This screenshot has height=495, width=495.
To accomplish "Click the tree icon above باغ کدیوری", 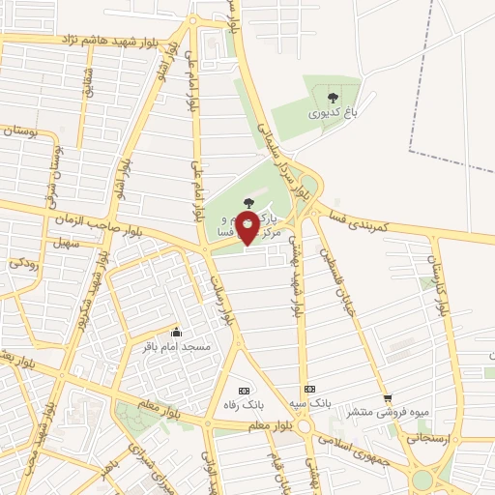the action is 333,97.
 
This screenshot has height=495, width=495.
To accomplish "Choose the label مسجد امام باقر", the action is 177,346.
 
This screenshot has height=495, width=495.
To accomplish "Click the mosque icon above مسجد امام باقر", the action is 176,332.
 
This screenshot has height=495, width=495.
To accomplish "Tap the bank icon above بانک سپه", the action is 310,386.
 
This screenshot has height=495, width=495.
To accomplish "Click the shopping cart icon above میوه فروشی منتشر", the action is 388,397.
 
